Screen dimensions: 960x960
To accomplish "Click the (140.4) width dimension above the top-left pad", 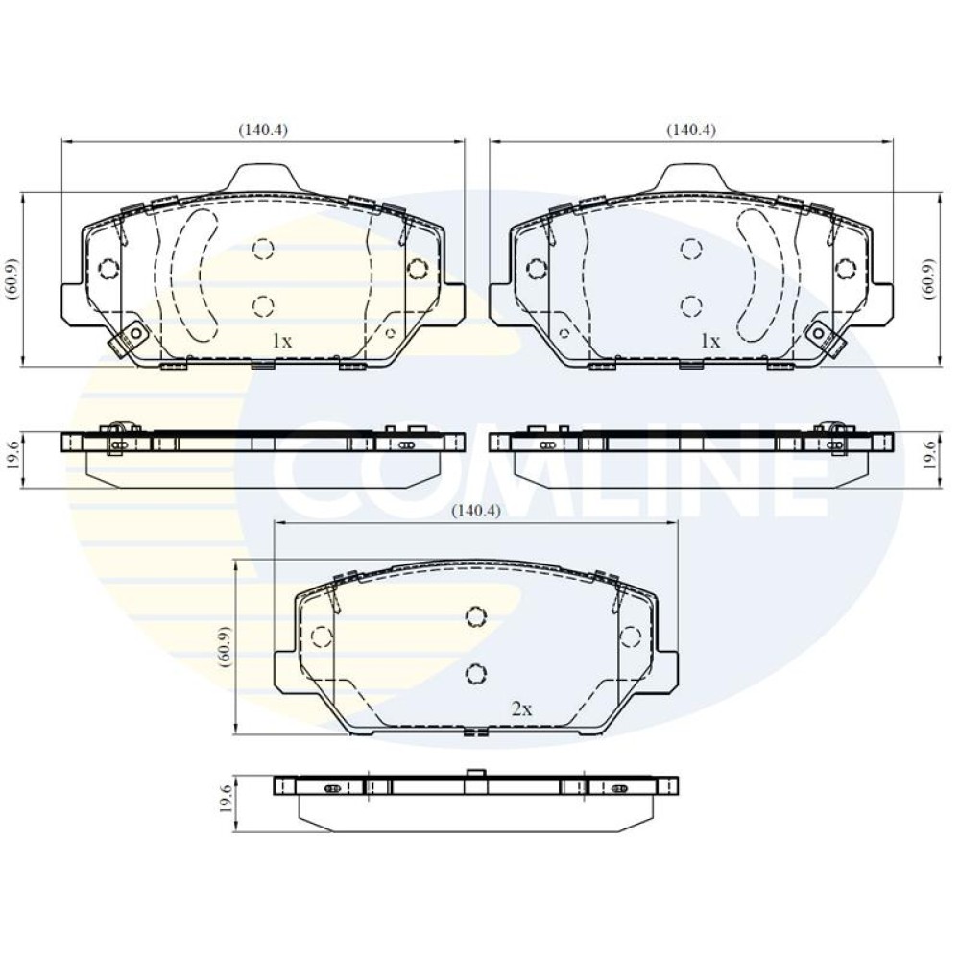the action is point(263,130).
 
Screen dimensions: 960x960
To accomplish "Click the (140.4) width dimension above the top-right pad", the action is point(691,130).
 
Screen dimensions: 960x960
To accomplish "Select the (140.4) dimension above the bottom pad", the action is point(476,511).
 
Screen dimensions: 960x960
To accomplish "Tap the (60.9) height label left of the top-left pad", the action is point(13,278).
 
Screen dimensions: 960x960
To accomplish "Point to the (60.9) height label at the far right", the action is point(930,278).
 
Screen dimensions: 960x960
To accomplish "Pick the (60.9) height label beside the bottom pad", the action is point(225,646).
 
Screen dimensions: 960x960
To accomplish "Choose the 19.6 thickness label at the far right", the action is point(930,457).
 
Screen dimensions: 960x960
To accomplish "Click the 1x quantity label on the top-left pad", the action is point(282,341).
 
